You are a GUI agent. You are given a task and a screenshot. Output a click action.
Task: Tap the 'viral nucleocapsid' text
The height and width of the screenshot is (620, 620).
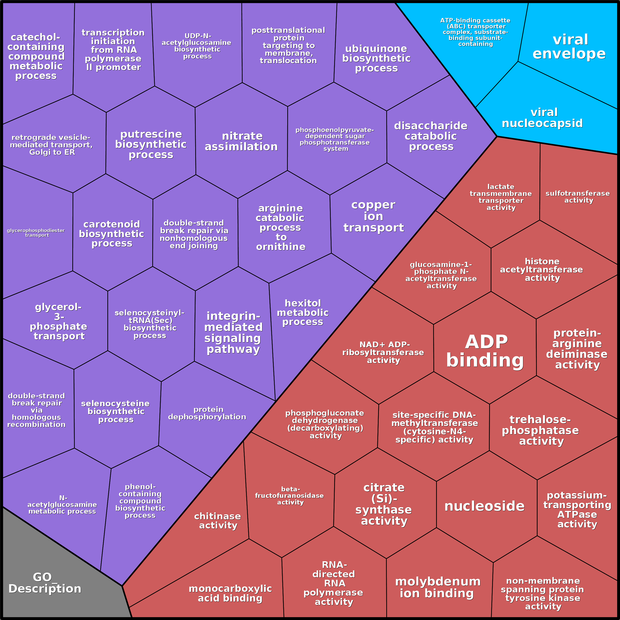[542, 118]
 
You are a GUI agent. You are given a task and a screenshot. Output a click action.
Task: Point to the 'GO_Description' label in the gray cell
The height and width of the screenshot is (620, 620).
[45, 583]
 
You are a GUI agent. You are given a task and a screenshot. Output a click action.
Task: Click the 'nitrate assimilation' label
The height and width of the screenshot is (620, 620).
[241, 141]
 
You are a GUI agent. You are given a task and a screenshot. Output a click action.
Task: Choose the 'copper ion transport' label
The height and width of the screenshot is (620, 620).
[373, 216]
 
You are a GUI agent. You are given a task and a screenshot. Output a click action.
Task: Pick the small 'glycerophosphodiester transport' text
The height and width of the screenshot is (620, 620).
[36, 233]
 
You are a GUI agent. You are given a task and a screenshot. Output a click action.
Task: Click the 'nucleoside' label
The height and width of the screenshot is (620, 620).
[484, 506]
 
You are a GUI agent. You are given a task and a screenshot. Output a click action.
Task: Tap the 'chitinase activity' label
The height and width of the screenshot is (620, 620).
[218, 521]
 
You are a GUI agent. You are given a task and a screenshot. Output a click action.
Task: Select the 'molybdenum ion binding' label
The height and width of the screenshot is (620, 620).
[437, 587]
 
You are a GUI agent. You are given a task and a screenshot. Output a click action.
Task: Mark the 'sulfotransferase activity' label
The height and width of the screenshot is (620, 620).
[578, 197]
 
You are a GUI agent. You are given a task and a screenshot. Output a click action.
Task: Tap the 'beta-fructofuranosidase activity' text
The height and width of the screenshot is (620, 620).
[290, 496]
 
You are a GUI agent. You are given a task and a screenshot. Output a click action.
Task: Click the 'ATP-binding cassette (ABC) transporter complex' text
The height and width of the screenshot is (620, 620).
[475, 32]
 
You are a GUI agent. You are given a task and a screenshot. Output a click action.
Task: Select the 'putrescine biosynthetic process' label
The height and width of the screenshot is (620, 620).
[151, 144]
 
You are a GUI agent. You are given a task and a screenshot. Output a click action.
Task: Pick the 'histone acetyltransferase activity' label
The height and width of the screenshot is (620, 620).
[542, 270]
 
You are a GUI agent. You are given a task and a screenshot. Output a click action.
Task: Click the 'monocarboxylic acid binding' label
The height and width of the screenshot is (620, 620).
[230, 593]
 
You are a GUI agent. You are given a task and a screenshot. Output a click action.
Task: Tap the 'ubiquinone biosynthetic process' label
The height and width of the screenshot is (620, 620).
[376, 58]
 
